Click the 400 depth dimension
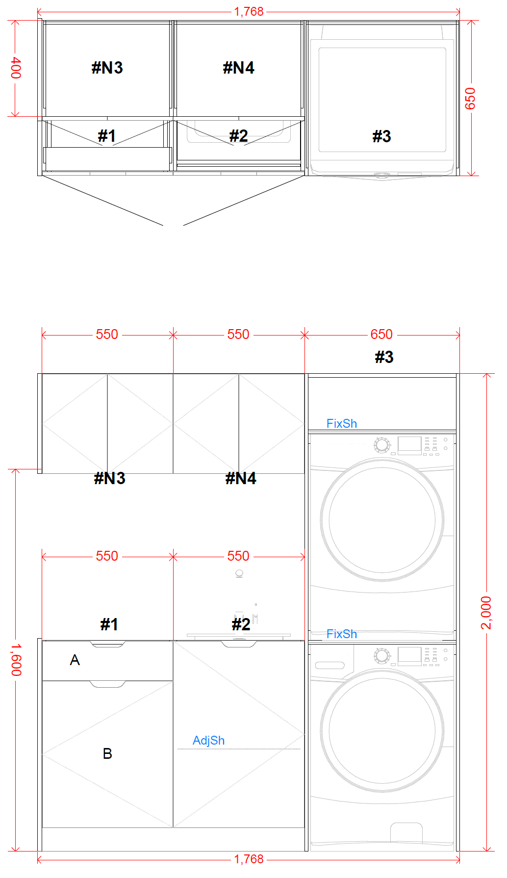[16, 68]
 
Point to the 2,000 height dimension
[486, 613]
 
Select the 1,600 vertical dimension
[16, 660]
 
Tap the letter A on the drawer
[75, 660]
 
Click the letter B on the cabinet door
[107, 753]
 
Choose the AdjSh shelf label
[208, 740]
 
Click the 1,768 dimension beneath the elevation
[249, 859]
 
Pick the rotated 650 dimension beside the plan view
[470, 98]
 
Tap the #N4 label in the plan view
[239, 68]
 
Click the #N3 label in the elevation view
[109, 478]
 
